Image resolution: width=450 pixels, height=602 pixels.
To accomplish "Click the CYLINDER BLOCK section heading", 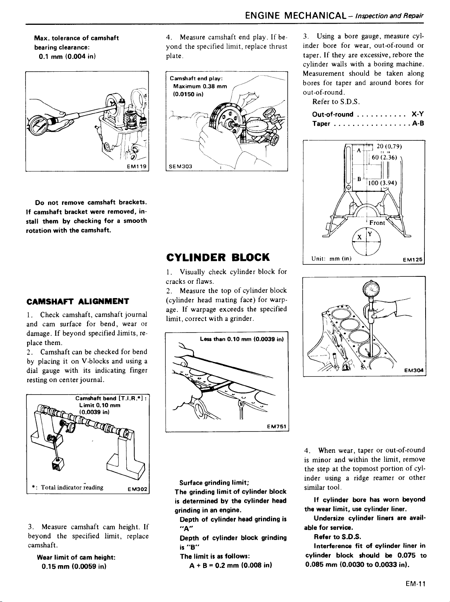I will [x=217, y=257].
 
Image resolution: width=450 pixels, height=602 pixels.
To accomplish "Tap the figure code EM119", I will [x=137, y=167].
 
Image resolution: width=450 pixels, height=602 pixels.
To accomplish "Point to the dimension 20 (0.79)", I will [x=389, y=146].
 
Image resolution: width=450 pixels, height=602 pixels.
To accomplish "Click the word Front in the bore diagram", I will [x=377, y=223].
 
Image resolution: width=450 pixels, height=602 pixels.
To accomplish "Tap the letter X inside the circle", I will [x=359, y=237].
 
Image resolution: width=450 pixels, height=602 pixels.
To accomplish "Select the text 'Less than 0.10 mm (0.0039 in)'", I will [x=242, y=340].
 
